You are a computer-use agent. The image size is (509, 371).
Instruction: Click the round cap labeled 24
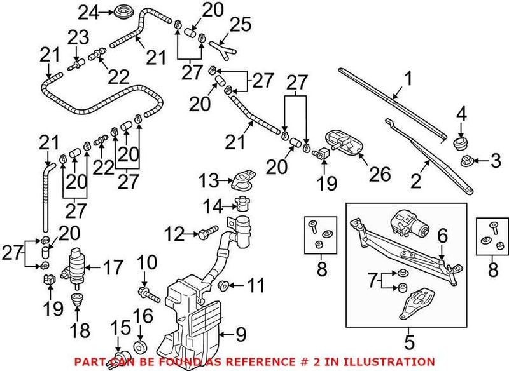121,11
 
